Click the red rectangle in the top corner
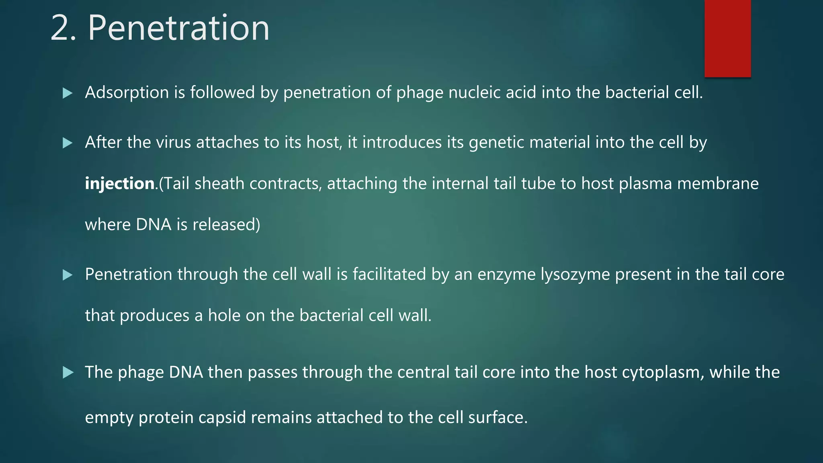pyautogui.click(x=727, y=38)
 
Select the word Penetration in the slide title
pyautogui.click(x=178, y=28)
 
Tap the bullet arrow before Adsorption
pyautogui.click(x=68, y=94)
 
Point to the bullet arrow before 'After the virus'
pyautogui.click(x=68, y=143)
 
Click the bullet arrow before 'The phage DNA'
pyautogui.click(x=68, y=373)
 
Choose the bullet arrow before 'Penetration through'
pyautogui.click(x=68, y=275)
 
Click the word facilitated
pyautogui.click(x=389, y=275)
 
